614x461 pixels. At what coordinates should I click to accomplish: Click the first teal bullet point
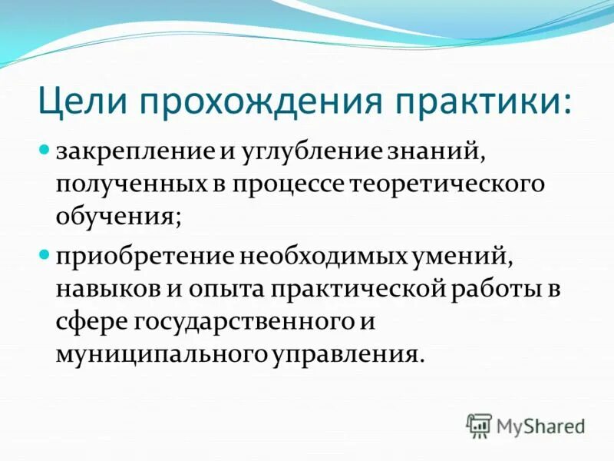tap(45, 148)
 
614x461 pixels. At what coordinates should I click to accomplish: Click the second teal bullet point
tap(45, 252)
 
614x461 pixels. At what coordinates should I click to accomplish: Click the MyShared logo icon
tap(479, 424)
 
